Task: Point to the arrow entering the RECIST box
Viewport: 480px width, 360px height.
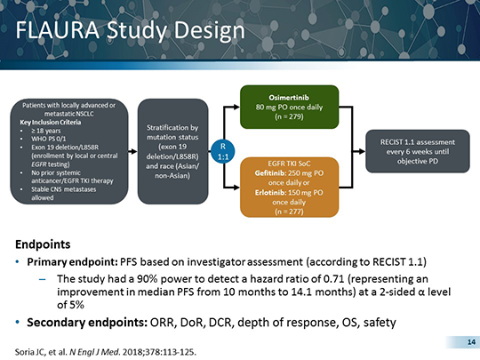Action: click(360, 147)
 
